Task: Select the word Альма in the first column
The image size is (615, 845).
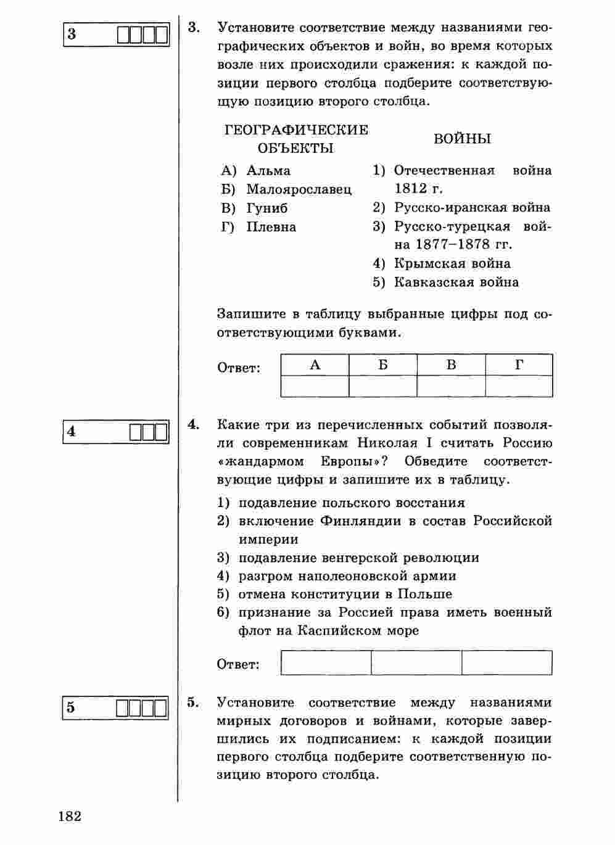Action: (x=268, y=171)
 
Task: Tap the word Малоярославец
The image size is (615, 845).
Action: (x=299, y=189)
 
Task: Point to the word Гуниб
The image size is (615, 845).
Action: (x=266, y=208)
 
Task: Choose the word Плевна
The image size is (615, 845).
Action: (x=271, y=227)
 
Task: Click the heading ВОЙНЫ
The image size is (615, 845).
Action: (x=462, y=139)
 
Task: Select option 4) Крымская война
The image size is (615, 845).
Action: (x=442, y=264)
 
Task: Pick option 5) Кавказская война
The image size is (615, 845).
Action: (x=445, y=282)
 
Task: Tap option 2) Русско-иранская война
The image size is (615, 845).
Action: (x=461, y=208)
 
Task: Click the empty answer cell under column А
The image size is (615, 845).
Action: (x=315, y=386)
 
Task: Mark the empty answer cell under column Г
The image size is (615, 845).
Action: (x=519, y=386)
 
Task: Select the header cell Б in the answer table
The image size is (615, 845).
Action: (x=382, y=365)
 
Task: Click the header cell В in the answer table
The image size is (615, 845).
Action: (x=451, y=365)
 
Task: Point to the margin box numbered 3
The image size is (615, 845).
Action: (x=116, y=34)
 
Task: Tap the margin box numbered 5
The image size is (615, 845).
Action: (x=116, y=707)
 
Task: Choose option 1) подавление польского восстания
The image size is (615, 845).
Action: (x=341, y=503)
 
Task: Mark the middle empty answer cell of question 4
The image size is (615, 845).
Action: (x=416, y=663)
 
